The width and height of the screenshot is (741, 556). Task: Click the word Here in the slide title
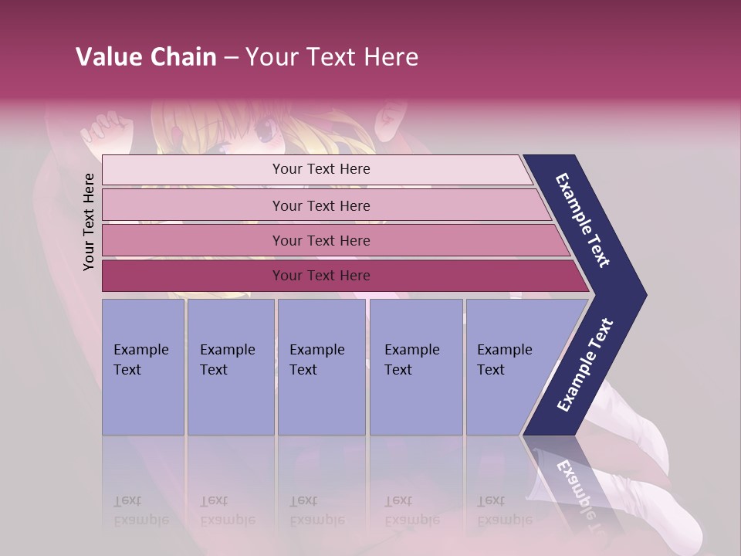pyautogui.click(x=391, y=57)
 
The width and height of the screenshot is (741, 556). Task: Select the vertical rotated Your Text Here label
pyautogui.click(x=89, y=222)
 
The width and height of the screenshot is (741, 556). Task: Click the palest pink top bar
pyautogui.click(x=316, y=170)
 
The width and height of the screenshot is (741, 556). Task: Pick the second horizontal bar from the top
pyautogui.click(x=324, y=205)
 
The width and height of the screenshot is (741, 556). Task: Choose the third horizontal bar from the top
pyautogui.click(x=332, y=240)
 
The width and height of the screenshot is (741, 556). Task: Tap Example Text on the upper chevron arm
pyautogui.click(x=583, y=220)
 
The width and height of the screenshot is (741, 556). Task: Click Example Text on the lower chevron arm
pyautogui.click(x=585, y=365)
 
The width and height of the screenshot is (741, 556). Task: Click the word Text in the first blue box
pyautogui.click(x=127, y=370)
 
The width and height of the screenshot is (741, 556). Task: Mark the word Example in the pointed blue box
pyautogui.click(x=504, y=350)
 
